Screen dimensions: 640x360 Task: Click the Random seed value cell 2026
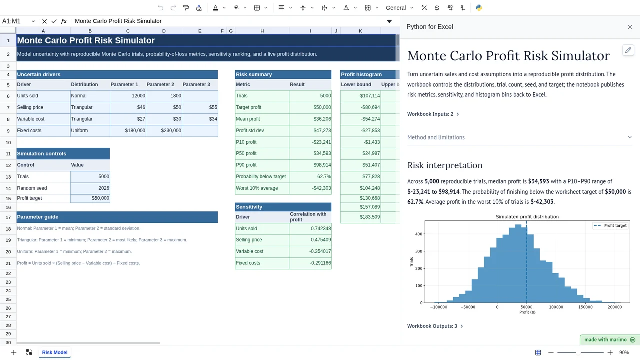[90, 188]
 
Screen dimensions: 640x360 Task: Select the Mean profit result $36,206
[310, 119]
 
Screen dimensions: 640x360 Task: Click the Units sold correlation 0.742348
[310, 228]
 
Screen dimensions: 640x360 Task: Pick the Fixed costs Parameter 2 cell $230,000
[164, 130]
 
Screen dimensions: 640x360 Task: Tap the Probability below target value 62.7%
[310, 177]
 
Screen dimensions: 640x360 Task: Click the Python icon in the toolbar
[479, 8]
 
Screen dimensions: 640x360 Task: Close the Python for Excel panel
[630, 27]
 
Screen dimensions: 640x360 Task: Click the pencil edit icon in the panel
[628, 50]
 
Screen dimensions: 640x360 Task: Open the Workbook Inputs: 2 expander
[433, 114]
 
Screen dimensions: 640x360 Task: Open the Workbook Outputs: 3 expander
[435, 326]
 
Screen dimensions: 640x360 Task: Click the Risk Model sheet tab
[55, 352]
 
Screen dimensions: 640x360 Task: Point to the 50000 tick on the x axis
[526, 307]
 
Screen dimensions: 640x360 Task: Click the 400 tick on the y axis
[418, 234]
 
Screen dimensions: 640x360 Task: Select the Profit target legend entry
[610, 225]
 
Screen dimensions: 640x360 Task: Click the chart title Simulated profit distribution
[527, 217]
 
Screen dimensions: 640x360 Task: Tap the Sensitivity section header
[283, 207]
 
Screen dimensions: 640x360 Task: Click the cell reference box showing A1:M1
[18, 21]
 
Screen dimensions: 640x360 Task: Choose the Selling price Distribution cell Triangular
[90, 107]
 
